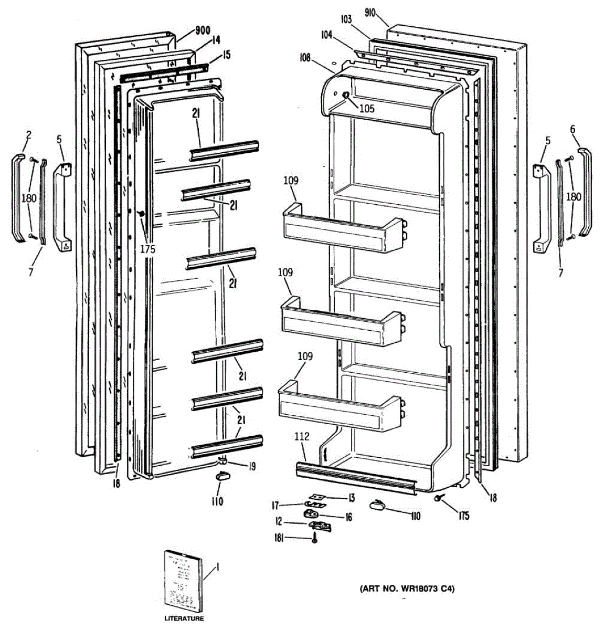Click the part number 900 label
188,30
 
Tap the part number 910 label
370,13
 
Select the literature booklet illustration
182,580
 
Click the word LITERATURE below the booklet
184,619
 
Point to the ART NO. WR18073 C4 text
407,589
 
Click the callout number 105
367,109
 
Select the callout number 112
302,436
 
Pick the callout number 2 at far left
28,135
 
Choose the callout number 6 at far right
573,129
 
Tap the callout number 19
252,465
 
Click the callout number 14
202,40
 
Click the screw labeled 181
314,538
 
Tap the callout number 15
226,54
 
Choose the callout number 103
345,20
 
